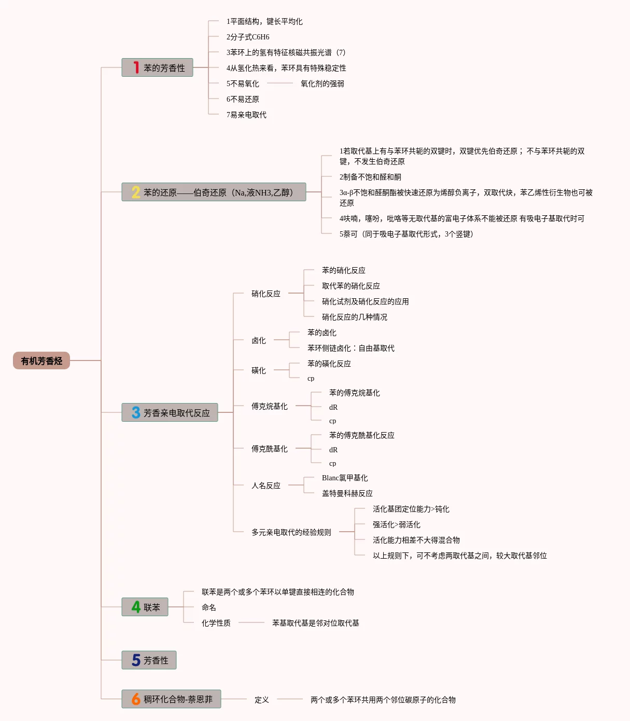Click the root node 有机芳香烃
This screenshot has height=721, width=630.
41,360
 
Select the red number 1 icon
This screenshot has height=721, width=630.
136,68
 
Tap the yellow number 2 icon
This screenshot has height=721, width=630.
136,192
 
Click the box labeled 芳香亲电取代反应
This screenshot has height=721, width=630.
170,413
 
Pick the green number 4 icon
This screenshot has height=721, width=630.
136,607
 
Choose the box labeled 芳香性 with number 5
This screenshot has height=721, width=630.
149,660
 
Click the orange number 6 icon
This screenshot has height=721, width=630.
136,699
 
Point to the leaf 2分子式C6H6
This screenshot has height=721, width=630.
248,37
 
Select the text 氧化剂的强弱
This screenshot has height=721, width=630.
322,84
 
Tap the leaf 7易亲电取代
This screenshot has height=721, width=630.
246,115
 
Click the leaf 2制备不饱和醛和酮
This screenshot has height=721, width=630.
370,177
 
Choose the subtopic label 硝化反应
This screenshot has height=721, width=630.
266,294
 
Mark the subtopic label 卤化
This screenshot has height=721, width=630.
259,340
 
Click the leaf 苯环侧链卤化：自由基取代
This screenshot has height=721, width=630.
351,348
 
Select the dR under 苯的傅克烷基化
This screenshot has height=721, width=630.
333,407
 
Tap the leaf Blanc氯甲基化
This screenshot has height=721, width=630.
345,478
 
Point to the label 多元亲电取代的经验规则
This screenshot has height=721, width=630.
291,532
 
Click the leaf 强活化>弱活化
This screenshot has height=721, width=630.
396,524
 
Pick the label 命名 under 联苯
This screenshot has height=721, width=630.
209,607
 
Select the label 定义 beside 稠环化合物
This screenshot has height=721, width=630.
262,700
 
